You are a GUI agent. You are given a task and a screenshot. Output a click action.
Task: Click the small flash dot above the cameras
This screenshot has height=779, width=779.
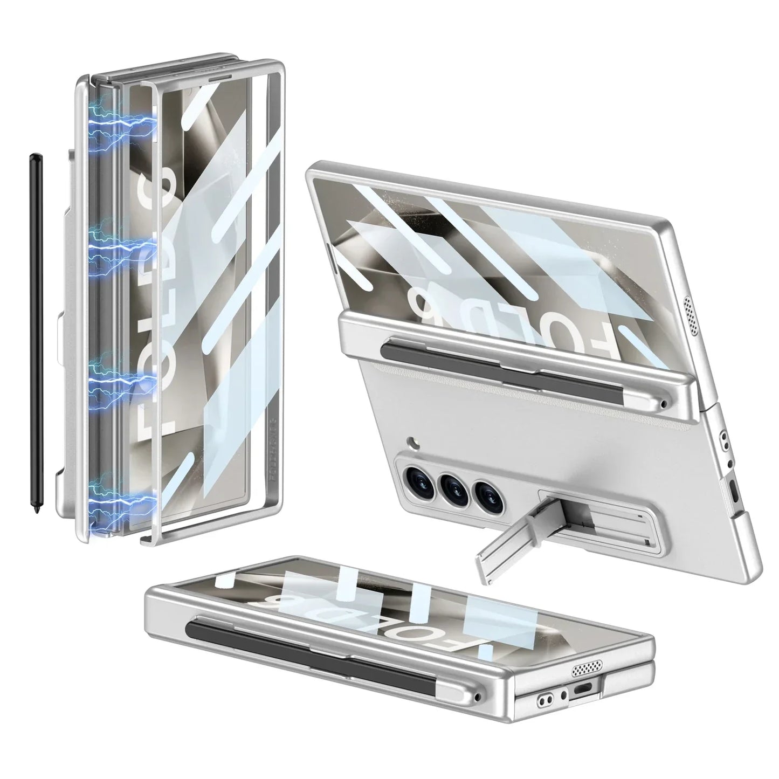click(412, 442)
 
